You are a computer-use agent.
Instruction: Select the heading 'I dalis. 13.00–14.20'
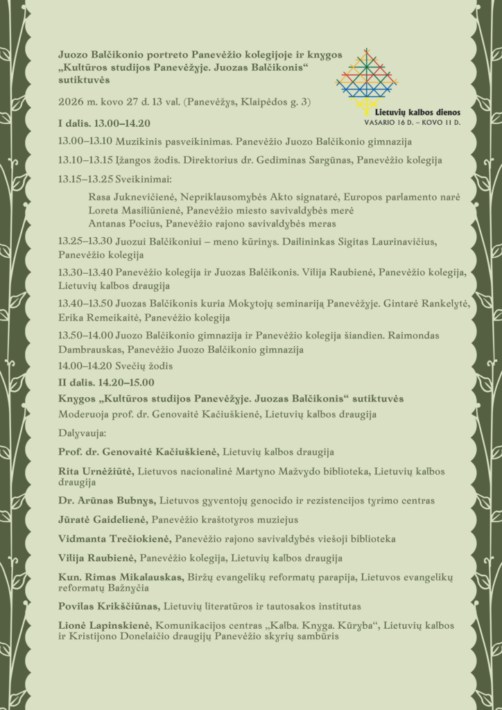(104, 123)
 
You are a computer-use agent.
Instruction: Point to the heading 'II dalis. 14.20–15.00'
(106, 382)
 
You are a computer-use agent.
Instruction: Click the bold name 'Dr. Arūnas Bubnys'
(107, 500)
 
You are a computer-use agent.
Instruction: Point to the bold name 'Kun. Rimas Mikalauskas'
(122, 576)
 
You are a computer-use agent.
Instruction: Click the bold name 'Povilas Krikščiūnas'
(110, 605)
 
